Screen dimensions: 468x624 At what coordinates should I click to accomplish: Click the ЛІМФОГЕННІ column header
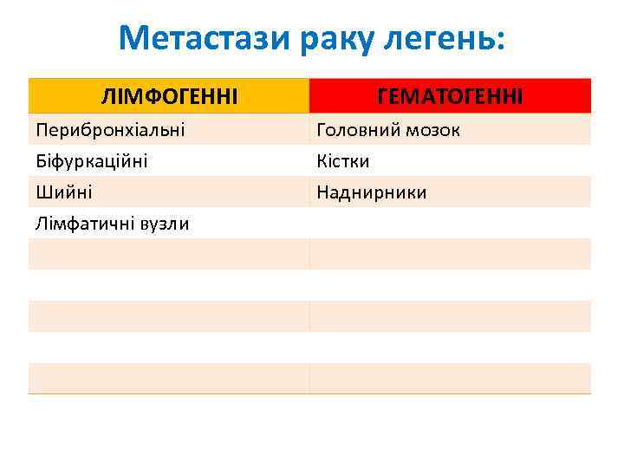click(168, 96)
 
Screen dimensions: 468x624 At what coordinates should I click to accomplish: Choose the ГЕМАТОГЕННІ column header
click(449, 96)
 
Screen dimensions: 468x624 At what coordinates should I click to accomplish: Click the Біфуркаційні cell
click(91, 161)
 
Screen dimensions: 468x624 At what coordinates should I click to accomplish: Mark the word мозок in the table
click(430, 130)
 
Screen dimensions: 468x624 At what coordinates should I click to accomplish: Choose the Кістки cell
click(343, 161)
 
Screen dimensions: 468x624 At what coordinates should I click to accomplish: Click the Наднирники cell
click(371, 192)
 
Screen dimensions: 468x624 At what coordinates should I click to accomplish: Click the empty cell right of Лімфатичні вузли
click(449, 224)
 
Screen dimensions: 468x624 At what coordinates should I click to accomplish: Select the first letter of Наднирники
click(322, 192)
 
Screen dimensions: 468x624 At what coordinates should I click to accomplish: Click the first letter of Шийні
click(42, 192)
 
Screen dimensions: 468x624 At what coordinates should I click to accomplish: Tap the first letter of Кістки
click(322, 161)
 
